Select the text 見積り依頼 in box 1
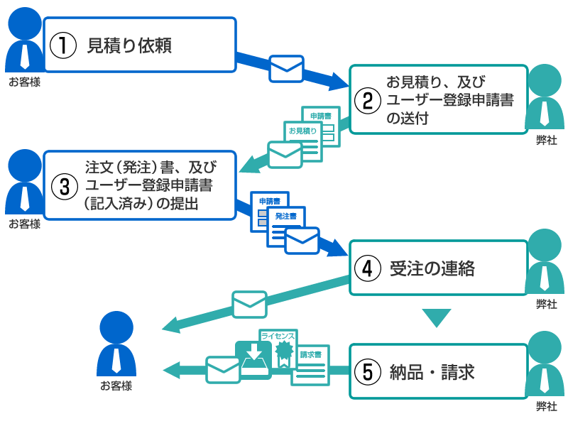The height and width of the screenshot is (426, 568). tap(129, 45)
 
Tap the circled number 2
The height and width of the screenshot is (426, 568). tap(368, 100)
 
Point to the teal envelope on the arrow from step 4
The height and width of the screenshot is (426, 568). tap(249, 304)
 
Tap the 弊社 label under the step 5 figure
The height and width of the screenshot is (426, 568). tap(546, 407)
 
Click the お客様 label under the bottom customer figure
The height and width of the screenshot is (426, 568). tap(116, 386)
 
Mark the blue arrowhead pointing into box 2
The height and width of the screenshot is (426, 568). tap(339, 81)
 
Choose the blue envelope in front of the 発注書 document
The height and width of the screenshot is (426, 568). tap(302, 240)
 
